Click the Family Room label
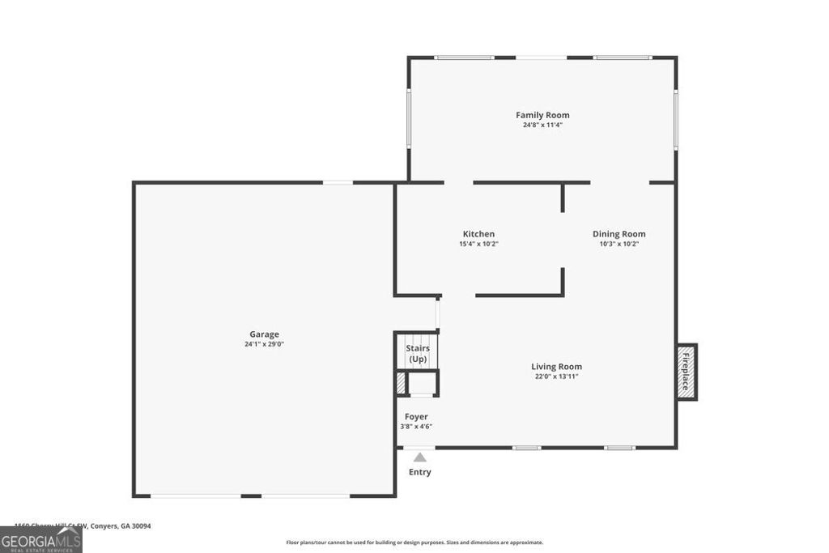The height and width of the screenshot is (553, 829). tap(542, 115)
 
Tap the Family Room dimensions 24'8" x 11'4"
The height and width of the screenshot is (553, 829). tap(542, 125)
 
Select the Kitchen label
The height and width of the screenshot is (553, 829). tap(478, 234)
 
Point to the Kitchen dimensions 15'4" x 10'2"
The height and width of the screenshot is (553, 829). tap(478, 244)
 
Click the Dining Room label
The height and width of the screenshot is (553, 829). tap(619, 234)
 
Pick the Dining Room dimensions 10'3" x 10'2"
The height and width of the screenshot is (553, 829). tap(619, 244)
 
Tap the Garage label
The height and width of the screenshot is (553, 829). tap(264, 334)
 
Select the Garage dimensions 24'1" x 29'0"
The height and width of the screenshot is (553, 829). tap(264, 344)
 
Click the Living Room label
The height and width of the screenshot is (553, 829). tap(556, 366)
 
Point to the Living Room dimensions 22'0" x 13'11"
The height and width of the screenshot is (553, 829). tap(556, 376)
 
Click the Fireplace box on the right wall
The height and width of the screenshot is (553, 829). tap(686, 372)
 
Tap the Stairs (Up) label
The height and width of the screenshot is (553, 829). tap(418, 354)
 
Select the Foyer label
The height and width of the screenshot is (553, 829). tap(416, 417)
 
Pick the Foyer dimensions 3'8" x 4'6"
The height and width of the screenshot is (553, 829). tap(416, 427)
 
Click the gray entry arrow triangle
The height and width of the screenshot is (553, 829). tap(419, 457)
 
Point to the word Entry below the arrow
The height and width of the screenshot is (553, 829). tap(419, 472)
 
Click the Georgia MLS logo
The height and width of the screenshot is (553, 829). tap(40, 540)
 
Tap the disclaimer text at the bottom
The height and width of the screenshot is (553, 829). tap(414, 542)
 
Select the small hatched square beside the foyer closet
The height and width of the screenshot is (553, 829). tap(400, 382)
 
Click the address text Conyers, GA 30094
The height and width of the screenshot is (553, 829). tap(121, 525)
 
